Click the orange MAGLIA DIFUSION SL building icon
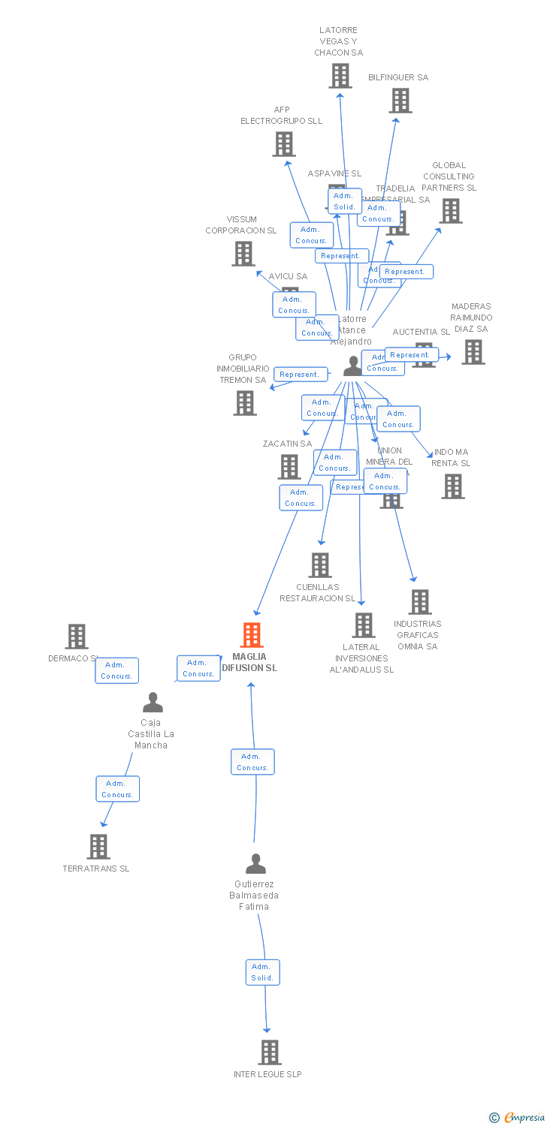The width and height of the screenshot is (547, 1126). click(x=252, y=635)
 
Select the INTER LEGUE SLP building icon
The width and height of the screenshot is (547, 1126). click(x=270, y=1052)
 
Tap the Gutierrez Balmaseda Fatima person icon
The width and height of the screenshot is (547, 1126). click(x=255, y=864)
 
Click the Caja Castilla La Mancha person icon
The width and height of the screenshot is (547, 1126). click(x=153, y=703)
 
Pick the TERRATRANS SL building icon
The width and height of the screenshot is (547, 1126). click(x=98, y=847)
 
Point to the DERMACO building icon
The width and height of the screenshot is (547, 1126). click(x=77, y=637)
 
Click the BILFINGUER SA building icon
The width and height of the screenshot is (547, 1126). click(x=400, y=101)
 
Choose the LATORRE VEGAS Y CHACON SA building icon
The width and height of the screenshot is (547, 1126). click(x=340, y=76)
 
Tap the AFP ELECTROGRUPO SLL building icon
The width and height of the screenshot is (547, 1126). click(x=284, y=144)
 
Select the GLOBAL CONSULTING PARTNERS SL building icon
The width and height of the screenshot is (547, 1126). click(x=451, y=211)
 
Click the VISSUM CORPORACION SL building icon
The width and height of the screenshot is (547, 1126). click(x=243, y=254)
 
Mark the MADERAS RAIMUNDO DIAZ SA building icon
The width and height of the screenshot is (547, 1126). click(x=473, y=352)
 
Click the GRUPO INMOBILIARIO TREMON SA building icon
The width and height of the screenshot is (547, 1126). click(x=245, y=403)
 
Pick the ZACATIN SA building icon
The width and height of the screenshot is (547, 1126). click(x=289, y=467)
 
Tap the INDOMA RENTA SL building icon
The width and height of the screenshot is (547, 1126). click(x=453, y=486)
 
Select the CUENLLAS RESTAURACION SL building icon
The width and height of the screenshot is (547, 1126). click(x=320, y=565)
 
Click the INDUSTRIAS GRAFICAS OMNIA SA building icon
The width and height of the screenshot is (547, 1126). click(x=420, y=602)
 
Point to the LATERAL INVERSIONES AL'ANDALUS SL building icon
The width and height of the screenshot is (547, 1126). click(x=364, y=625)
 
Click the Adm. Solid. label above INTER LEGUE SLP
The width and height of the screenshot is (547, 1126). click(x=262, y=972)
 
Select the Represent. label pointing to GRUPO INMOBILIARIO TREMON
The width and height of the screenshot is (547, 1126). click(x=300, y=374)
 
